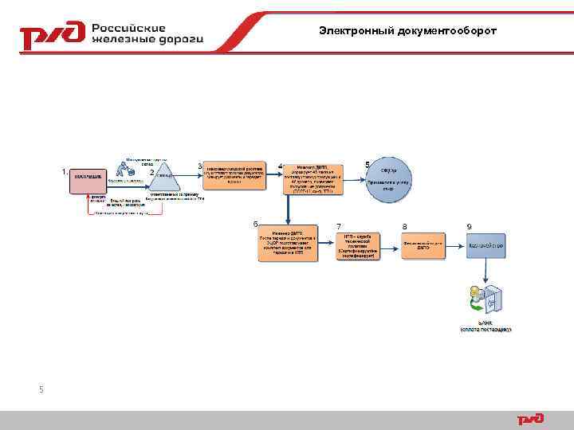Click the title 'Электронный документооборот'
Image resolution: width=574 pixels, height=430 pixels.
(x=407, y=30)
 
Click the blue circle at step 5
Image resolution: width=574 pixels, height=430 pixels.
(x=390, y=181)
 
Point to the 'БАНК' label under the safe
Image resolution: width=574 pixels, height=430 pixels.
(x=486, y=323)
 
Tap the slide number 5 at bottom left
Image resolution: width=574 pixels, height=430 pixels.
(x=41, y=389)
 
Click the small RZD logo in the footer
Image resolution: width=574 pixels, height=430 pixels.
(x=530, y=419)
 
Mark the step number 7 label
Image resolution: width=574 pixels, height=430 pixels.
(x=340, y=227)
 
